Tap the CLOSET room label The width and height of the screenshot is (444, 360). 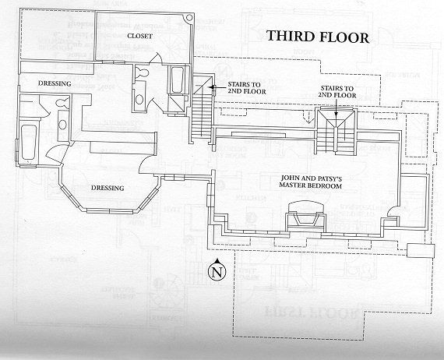tap(138, 35)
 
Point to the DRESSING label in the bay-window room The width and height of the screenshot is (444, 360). tap(107, 188)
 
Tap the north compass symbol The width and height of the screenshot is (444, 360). tap(216, 271)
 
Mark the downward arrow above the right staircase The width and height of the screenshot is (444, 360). tap(336, 113)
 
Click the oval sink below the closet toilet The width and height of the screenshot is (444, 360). tap(139, 97)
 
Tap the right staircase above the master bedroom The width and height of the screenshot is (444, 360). tap(336, 134)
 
